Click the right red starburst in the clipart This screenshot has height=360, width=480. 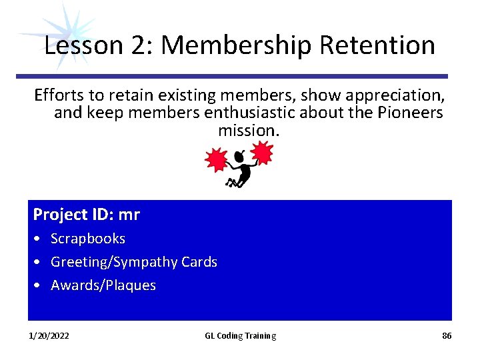[262, 154]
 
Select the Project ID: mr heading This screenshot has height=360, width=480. [87, 215]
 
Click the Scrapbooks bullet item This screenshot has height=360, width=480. [88, 239]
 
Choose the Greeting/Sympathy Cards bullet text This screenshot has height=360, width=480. [134, 262]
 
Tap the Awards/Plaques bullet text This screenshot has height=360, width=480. [103, 285]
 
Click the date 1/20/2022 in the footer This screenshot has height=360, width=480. [49, 336]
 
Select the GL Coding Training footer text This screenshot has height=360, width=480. [240, 336]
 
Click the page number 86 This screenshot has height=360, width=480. [447, 336]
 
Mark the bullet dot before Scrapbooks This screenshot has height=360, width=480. [37, 239]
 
